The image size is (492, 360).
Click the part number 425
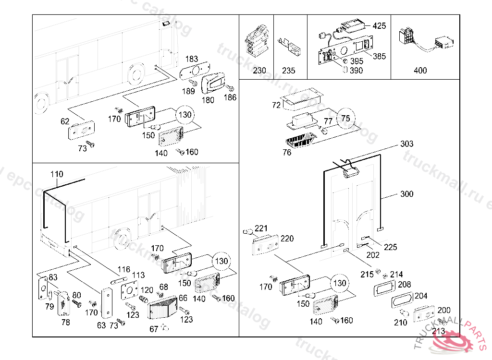(379, 26)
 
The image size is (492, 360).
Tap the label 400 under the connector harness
(420, 71)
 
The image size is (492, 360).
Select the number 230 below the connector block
(259, 71)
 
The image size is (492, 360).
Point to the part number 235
(289, 71)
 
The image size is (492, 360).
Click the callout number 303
(406, 144)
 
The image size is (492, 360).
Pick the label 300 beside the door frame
(406, 194)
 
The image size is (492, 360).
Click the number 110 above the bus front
(56, 174)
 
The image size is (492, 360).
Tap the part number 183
(191, 59)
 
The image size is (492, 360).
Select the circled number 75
(346, 118)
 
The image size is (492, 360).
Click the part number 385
(379, 56)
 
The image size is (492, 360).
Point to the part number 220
(287, 239)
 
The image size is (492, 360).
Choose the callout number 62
(65, 121)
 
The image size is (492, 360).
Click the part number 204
(420, 296)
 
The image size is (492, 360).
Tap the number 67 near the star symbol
(154, 329)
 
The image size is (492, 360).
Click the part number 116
(124, 270)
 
